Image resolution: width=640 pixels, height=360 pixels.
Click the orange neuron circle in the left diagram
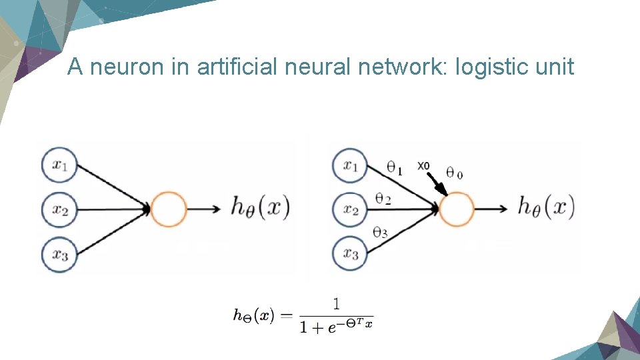pos(169,209)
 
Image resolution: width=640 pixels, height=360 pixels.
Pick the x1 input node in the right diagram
pos(350,165)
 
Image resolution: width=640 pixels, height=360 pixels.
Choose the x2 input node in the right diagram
pos(350,209)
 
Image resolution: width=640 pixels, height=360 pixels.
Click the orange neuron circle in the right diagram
pos(457,209)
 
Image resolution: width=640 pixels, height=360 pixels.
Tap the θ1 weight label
pos(395,169)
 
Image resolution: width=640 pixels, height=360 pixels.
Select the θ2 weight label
pos(383,199)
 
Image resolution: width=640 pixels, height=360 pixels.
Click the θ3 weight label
pos(380,233)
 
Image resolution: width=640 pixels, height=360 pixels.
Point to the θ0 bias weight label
pos(454,173)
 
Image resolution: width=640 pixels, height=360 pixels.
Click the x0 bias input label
pos(423,165)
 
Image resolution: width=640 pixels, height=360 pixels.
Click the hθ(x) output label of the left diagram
pos(260,208)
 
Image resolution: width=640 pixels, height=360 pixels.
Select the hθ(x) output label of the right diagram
pos(545,207)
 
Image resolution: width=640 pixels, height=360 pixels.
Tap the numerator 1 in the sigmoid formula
pos(336,304)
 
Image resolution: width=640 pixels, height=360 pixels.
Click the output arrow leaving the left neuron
pos(204,209)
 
